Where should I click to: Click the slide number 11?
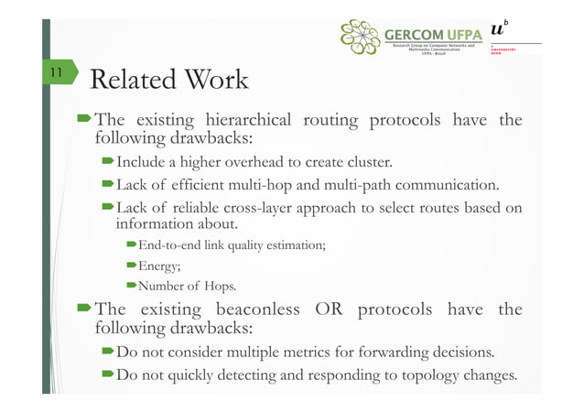tap(56, 71)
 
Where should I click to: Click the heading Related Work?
tap(170, 80)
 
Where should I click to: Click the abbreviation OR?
tap(329, 310)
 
